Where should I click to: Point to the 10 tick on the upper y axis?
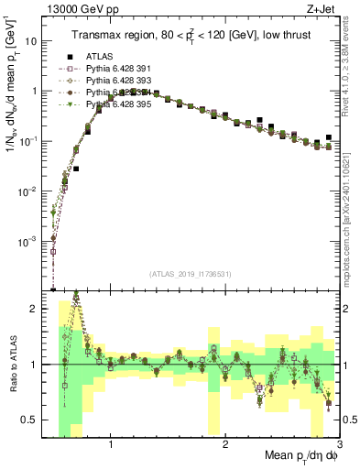click(30, 41)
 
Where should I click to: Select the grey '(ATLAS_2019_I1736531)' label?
click(191, 275)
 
